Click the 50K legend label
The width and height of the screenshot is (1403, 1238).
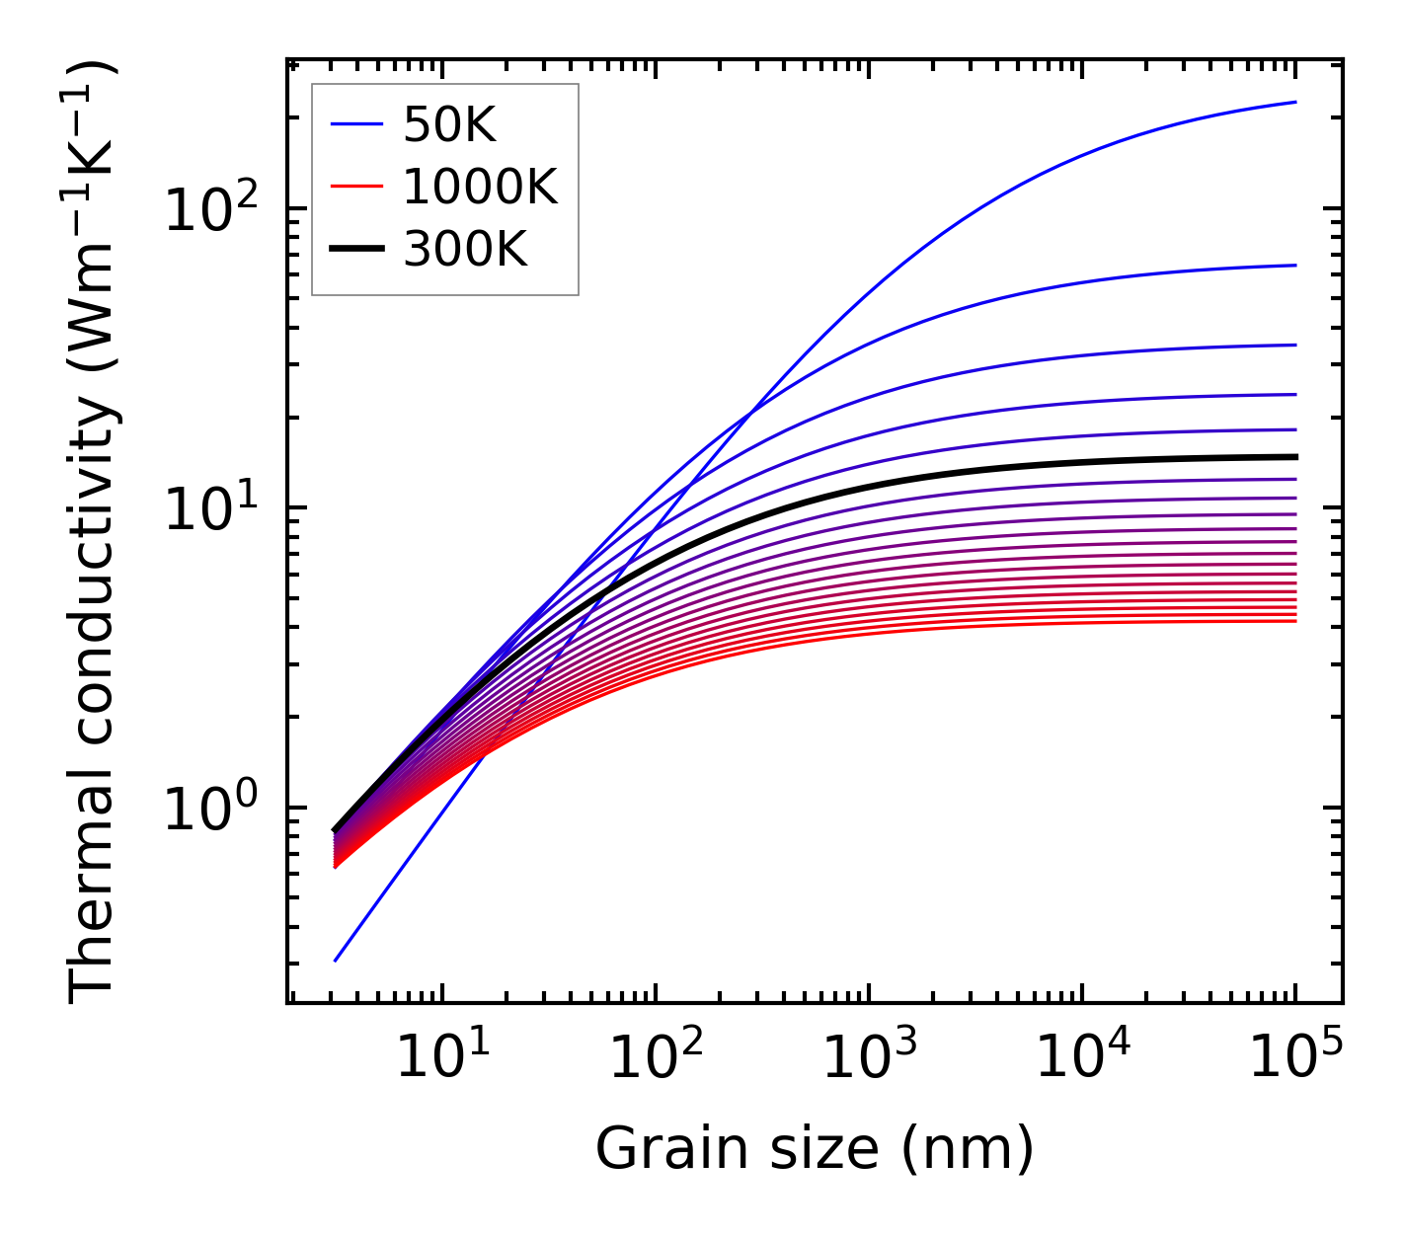click(x=448, y=124)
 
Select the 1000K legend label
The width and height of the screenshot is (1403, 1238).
click(x=480, y=187)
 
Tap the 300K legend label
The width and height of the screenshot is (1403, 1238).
click(x=465, y=250)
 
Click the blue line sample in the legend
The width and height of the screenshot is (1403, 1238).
click(x=355, y=124)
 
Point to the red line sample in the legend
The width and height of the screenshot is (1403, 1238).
click(x=355, y=187)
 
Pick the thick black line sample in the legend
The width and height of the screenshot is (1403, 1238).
click(x=355, y=250)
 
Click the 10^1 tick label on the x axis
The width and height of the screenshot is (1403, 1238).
click(x=441, y=1058)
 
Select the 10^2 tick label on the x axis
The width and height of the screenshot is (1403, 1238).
click(x=656, y=1058)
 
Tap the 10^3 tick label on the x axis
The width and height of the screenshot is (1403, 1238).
click(x=869, y=1058)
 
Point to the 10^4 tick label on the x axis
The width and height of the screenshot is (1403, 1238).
click(x=1082, y=1058)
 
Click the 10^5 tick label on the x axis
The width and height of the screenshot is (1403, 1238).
click(x=1295, y=1058)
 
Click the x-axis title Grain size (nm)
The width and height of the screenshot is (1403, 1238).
click(x=815, y=1149)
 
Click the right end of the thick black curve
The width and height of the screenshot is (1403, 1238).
click(x=1294, y=456)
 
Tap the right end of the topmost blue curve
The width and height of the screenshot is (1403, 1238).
click(x=1294, y=102)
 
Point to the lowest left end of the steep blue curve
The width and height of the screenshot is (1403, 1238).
click(x=336, y=960)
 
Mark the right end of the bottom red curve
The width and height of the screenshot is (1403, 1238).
click(x=1294, y=620)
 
